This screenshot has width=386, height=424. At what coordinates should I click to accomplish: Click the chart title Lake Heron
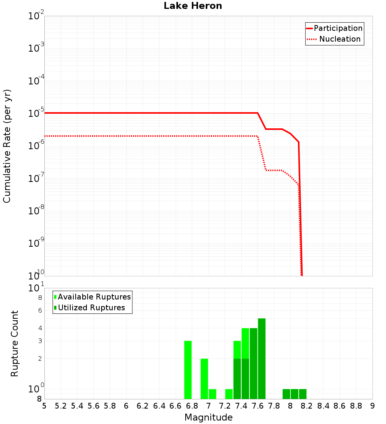193,6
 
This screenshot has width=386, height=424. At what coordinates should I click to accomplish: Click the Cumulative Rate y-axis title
7,146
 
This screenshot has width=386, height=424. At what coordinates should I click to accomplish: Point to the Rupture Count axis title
15,343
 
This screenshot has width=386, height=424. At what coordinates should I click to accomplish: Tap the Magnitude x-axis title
208,417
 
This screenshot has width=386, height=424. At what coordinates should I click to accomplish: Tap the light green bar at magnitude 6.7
188,370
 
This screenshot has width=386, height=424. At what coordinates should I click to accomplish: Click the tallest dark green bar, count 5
262,358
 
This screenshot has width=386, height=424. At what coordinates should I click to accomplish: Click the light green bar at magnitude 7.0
212,394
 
